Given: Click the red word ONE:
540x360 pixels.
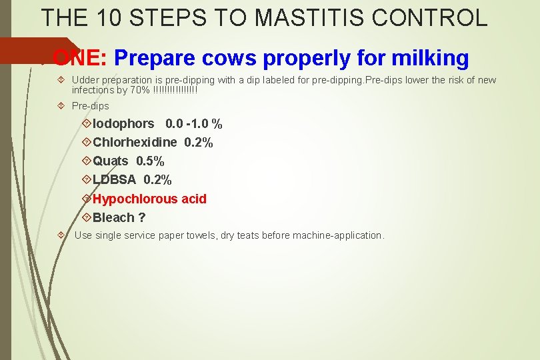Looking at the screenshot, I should tap(79, 59).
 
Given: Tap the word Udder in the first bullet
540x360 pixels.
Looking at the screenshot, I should tap(85, 80).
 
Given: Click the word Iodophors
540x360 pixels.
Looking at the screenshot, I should tap(123, 124).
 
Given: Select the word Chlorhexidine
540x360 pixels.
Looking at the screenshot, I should tap(135, 143).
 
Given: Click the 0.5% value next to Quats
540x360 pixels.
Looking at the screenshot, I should tap(150, 161).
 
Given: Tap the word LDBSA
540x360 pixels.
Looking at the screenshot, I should tap(114, 180).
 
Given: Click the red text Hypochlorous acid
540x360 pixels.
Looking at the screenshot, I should tap(149, 199).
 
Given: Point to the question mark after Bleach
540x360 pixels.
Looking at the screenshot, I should tap(142, 217).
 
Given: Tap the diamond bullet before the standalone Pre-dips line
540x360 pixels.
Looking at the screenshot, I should tap(61, 106).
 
